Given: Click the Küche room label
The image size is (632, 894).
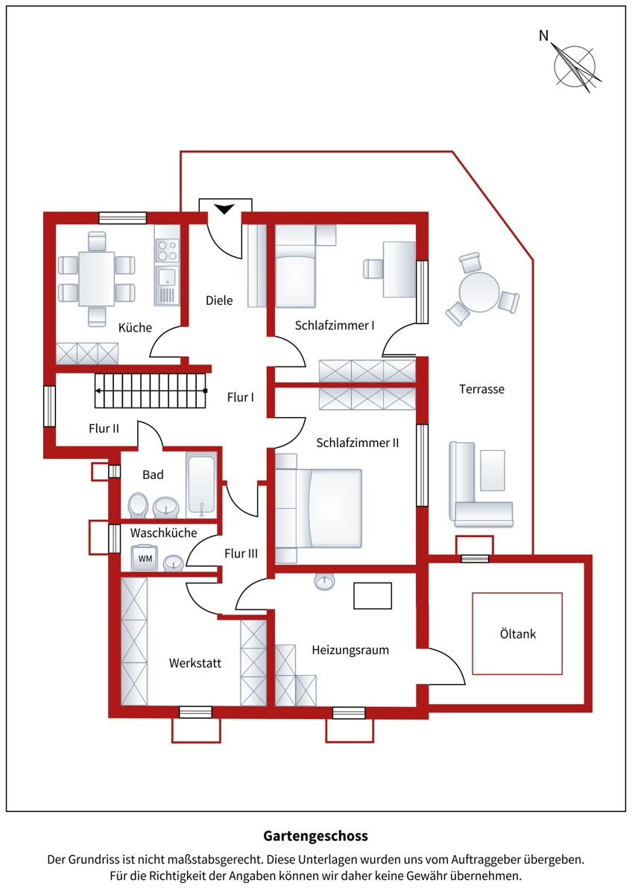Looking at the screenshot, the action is (135, 328).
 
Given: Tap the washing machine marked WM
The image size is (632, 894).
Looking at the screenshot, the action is (145, 557).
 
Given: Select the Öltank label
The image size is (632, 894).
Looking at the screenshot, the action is (518, 633).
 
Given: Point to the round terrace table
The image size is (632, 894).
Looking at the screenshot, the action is (479, 292).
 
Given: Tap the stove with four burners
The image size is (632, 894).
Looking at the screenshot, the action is (167, 250).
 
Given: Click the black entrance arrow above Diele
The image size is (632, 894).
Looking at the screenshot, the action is (224, 209).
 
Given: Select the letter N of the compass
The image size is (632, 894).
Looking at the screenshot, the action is (543, 36).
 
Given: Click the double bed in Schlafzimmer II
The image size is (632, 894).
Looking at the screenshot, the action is (318, 507).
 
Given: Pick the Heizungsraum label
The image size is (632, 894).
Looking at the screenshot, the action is (350, 650).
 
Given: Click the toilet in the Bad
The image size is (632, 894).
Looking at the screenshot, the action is (138, 505).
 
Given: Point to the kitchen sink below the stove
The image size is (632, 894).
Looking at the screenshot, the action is (167, 285).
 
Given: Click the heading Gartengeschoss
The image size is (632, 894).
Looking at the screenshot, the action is (315, 836).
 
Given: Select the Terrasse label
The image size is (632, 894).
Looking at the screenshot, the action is (481, 389).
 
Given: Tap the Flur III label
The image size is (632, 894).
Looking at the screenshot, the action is (241, 554).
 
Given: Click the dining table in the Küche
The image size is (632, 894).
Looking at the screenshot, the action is (97, 279).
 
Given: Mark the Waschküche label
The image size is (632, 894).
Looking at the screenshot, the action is (163, 533).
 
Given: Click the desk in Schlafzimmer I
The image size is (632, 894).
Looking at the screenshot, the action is (399, 270).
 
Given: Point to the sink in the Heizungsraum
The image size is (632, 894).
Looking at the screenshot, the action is (324, 583).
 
